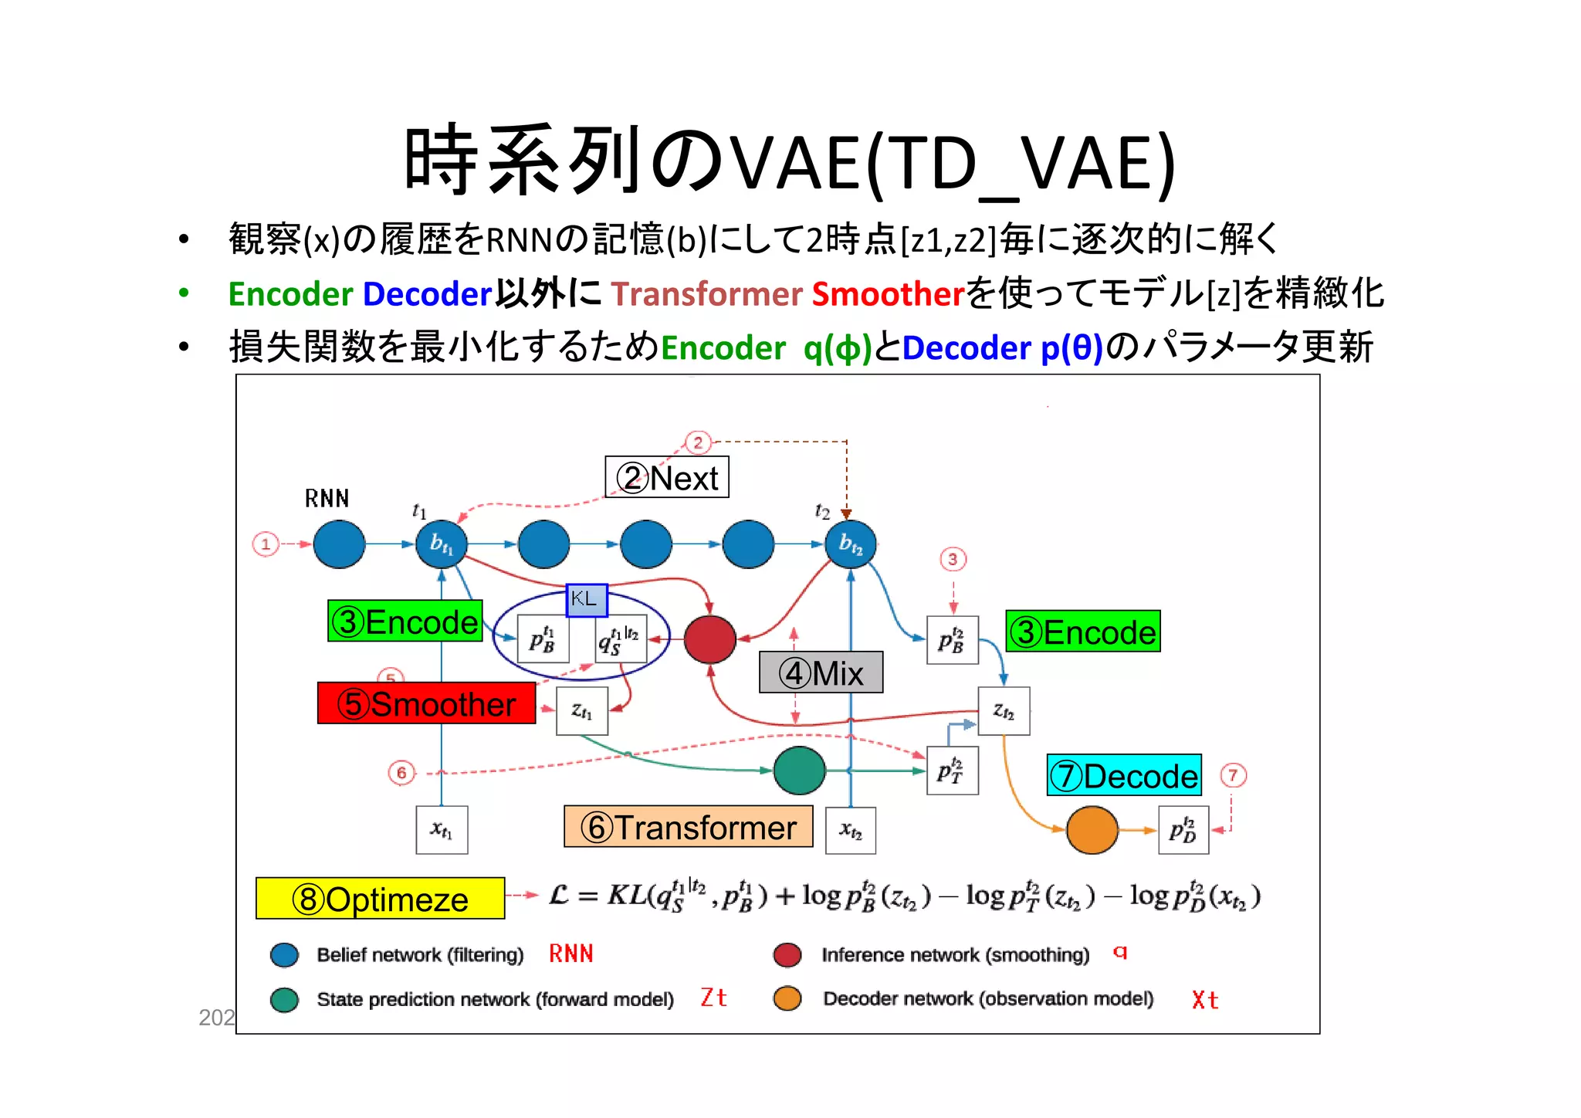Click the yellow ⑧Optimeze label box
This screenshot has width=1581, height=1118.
coord(380,898)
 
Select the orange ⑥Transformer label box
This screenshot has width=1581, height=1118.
coord(688,827)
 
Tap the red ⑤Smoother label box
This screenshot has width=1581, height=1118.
coord(426,703)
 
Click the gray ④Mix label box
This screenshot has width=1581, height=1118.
coord(821,672)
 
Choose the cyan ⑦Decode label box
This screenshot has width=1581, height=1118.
coord(1124,775)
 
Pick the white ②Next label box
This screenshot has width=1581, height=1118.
coord(667,477)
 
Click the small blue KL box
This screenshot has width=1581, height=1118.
coord(587,600)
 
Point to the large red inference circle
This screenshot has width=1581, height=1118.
coord(709,639)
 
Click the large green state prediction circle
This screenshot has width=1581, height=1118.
coord(799,771)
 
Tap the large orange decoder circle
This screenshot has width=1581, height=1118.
coord(1092,830)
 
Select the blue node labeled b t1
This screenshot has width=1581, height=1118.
coord(442,544)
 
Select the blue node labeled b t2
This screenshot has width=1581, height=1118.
coord(851,544)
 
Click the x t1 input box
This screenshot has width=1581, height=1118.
coord(442,830)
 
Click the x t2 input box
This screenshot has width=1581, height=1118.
coord(851,831)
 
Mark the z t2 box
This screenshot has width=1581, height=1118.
coord(1004,711)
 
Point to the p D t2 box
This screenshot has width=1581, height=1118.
coord(1183,830)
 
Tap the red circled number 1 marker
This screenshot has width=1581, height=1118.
coord(266,544)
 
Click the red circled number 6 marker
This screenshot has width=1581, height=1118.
coord(401,772)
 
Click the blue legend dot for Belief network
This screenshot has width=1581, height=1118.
coord(284,955)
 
